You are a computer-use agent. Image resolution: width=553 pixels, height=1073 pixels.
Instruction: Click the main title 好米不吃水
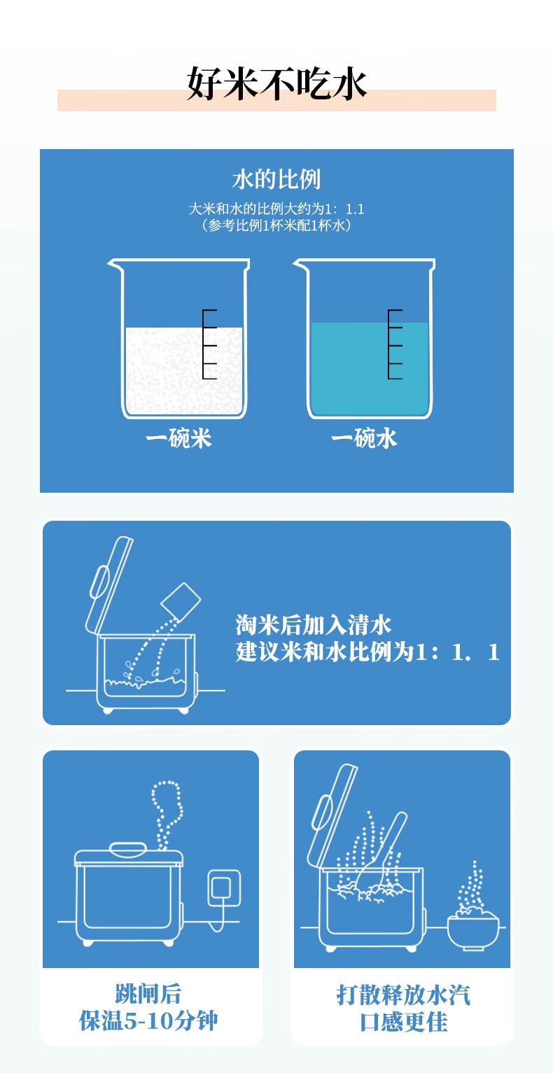coord(276,83)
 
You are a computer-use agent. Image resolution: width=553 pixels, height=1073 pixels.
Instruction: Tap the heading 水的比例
coord(276,179)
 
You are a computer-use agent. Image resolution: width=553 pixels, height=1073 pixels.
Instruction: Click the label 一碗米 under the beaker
coord(178,438)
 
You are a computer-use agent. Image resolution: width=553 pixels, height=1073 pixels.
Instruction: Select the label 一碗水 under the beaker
coord(364,438)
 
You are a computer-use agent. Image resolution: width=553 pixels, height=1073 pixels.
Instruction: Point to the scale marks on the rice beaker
coord(209,344)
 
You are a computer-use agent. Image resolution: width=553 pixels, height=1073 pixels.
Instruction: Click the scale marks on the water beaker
coord(394,344)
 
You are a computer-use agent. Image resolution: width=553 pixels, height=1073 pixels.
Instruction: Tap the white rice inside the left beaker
coord(184,370)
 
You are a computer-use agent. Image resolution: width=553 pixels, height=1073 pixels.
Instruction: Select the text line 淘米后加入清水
coord(314,625)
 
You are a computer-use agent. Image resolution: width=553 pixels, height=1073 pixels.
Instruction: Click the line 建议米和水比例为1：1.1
coord(367,652)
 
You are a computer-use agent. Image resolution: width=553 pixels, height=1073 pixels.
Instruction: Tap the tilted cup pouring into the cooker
coord(180,601)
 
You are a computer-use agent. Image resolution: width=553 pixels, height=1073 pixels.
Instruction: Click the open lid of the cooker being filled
coord(108,587)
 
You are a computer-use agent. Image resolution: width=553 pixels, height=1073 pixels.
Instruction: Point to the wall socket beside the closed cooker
coord(224,888)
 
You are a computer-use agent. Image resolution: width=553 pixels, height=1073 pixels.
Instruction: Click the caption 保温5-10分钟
coord(148,1021)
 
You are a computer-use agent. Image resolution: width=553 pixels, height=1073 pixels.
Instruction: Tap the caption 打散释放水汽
coord(403,995)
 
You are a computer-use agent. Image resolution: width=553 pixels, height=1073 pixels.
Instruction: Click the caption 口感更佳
coord(403,1022)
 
